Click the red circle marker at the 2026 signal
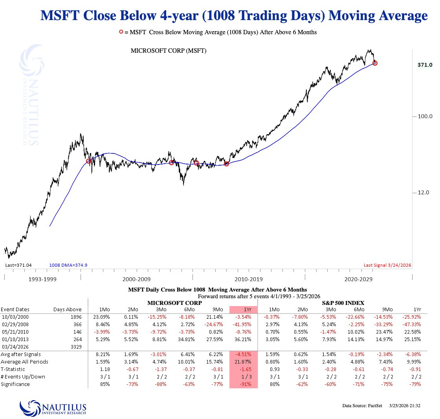click(375, 63)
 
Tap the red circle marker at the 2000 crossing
click(88, 161)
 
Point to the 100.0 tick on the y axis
click(425, 116)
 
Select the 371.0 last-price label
click(425, 65)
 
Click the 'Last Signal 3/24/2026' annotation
click(387, 265)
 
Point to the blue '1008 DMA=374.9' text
click(68, 265)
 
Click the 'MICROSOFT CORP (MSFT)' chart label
click(169, 51)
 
